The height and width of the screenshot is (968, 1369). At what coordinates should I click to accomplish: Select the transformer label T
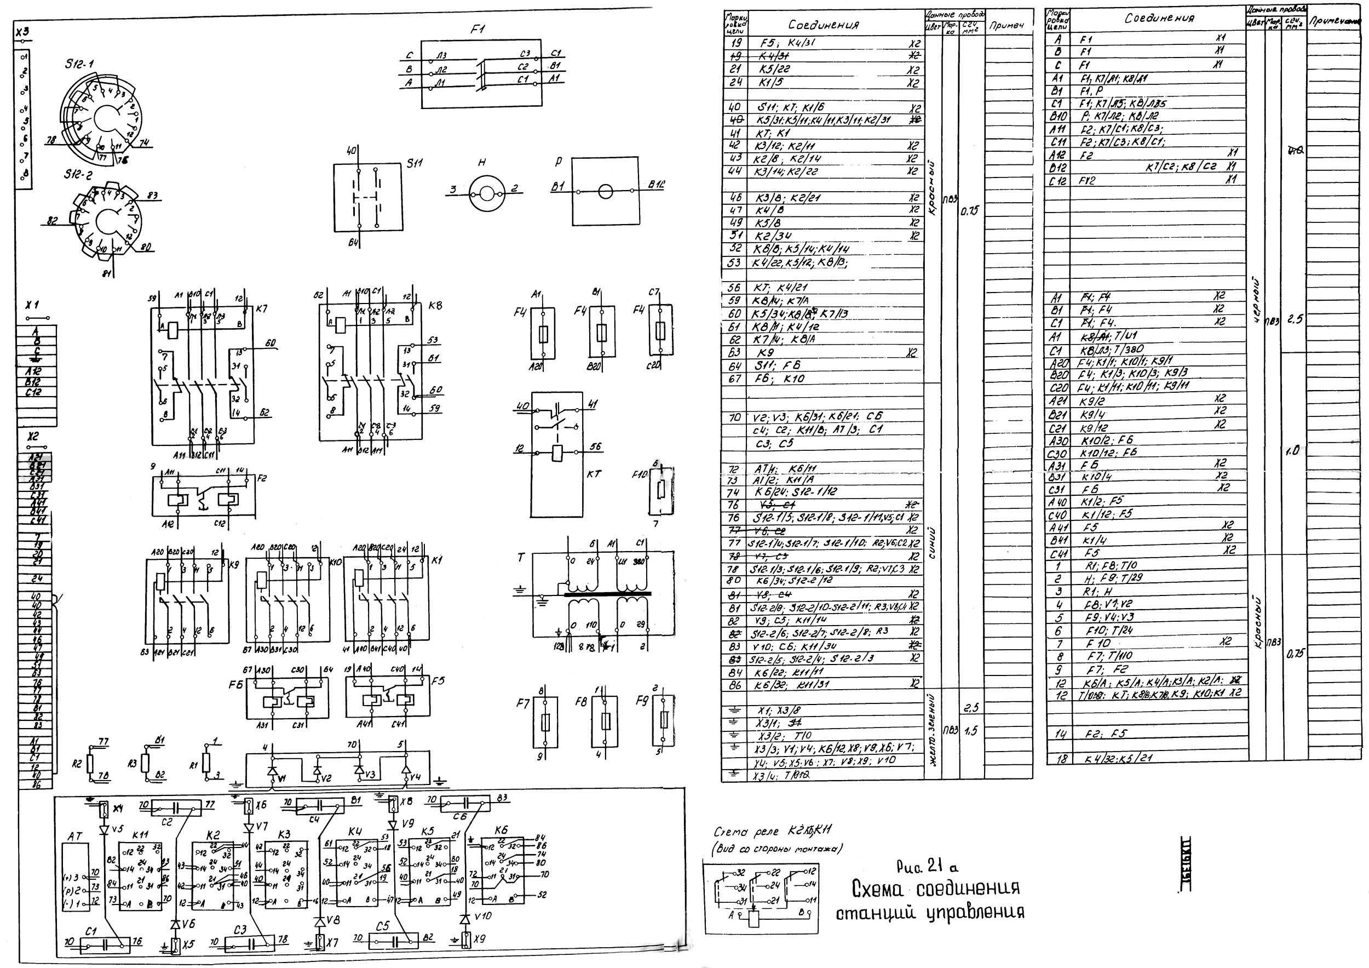pyautogui.click(x=521, y=558)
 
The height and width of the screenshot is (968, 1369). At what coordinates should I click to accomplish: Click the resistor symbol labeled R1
pyautogui.click(x=206, y=762)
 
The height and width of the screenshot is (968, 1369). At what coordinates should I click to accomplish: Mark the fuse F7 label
pyautogui.click(x=523, y=704)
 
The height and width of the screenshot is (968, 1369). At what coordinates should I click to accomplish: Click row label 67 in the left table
pyautogui.click(x=734, y=379)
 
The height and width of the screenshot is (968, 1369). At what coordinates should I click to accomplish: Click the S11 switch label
pyautogui.click(x=415, y=162)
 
